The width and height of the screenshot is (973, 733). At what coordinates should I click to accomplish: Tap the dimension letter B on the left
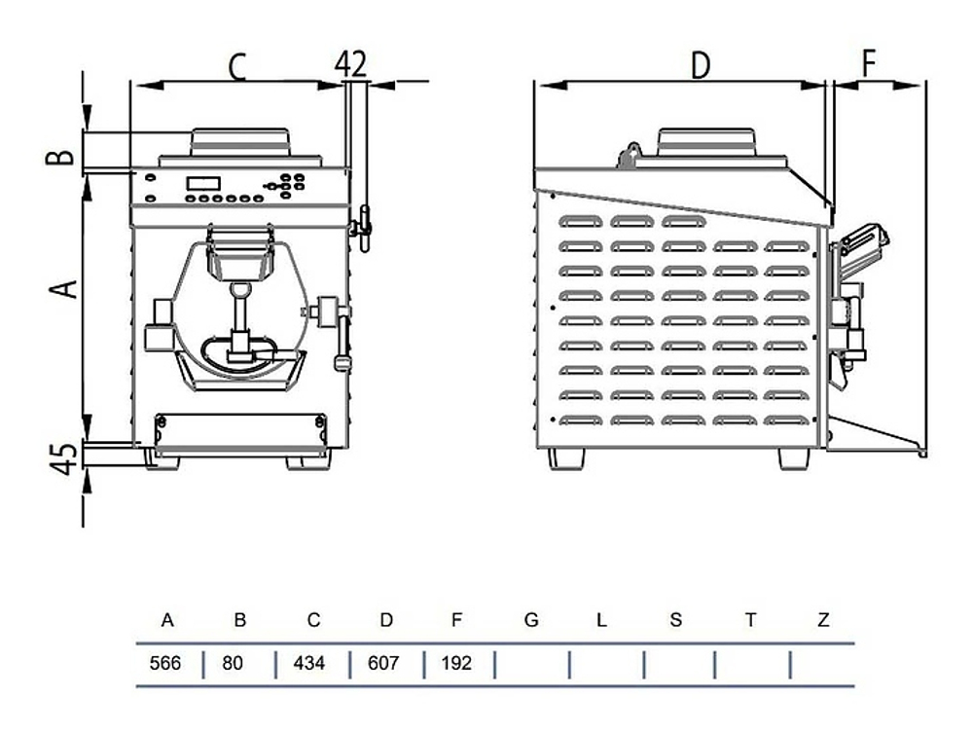point(60,155)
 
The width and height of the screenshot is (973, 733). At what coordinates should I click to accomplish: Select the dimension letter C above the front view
point(237,66)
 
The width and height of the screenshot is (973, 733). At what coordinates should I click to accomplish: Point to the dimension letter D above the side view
point(701,65)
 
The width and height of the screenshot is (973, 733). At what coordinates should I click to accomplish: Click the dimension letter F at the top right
point(868,63)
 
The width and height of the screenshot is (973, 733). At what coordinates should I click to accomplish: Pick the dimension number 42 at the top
point(350,63)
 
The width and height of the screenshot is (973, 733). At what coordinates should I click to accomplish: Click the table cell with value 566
point(167,664)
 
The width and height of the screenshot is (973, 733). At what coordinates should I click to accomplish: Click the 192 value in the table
point(458,664)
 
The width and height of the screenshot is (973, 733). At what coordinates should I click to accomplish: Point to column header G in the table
point(531,620)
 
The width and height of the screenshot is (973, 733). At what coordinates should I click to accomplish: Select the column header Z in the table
point(823,620)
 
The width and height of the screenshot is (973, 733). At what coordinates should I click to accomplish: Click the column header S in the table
point(676,620)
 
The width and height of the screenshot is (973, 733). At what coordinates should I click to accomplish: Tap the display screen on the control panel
point(205,182)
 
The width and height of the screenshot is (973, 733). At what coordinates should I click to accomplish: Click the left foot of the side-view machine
point(565,458)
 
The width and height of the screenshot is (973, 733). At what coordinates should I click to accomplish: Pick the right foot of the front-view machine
point(307,461)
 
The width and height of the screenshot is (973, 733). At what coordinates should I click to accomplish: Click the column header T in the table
point(750,620)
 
